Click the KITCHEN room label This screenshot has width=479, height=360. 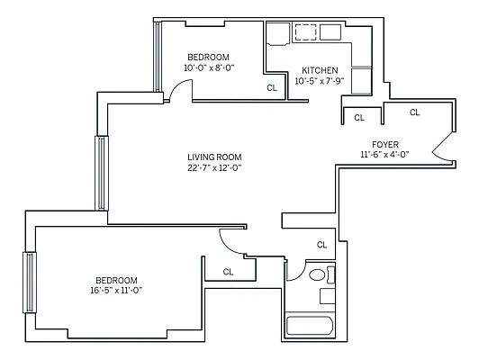tap(320, 70)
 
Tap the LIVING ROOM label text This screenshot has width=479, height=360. tap(214, 156)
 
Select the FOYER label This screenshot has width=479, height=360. tap(385, 144)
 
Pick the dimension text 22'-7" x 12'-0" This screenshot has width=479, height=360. tap(214, 167)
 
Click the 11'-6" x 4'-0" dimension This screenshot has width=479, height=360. tap(384, 155)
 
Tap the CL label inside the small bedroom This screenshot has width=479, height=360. tap(271, 88)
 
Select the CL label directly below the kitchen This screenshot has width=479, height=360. tap(358, 117)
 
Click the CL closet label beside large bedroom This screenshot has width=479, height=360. tap(228, 271)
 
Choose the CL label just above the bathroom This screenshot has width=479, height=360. tap(321, 245)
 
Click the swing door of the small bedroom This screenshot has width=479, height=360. tap(180, 90)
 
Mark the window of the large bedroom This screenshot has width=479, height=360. tap(30, 282)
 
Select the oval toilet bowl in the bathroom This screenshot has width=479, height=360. tap(317, 274)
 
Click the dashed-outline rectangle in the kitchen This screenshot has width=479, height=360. tap(307, 33)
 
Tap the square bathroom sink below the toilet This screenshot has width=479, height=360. tap(327, 295)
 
